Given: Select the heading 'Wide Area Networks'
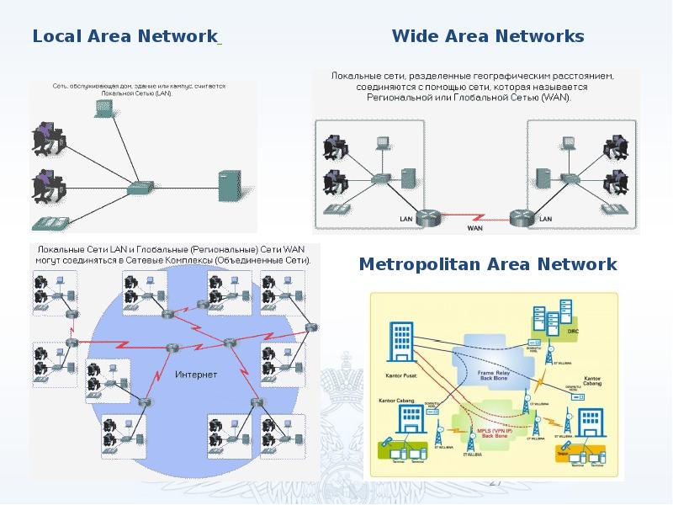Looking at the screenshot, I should [x=488, y=37].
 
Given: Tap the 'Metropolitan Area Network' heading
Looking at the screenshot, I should [x=488, y=264].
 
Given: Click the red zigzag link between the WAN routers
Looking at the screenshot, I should [x=475, y=215].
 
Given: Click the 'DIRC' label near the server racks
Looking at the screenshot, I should [x=575, y=331].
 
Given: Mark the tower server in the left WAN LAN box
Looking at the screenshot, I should [x=407, y=178].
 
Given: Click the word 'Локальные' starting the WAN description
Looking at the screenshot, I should [x=358, y=77].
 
